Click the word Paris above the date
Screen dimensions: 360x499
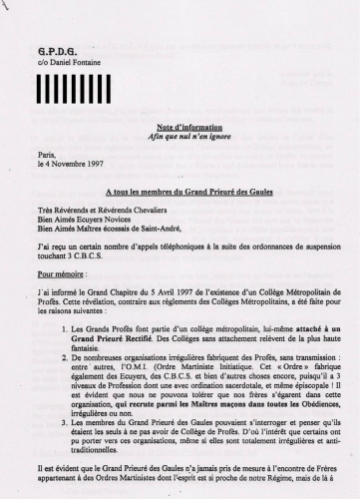point(46,155)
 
